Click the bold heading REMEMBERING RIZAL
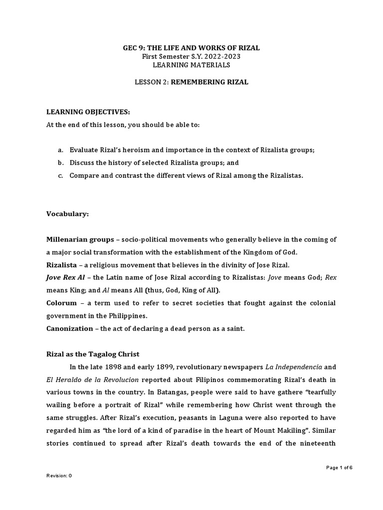click(209, 82)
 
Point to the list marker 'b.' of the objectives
click(60, 162)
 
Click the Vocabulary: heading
click(67, 214)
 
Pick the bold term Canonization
click(69, 328)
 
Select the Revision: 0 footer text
click(59, 476)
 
